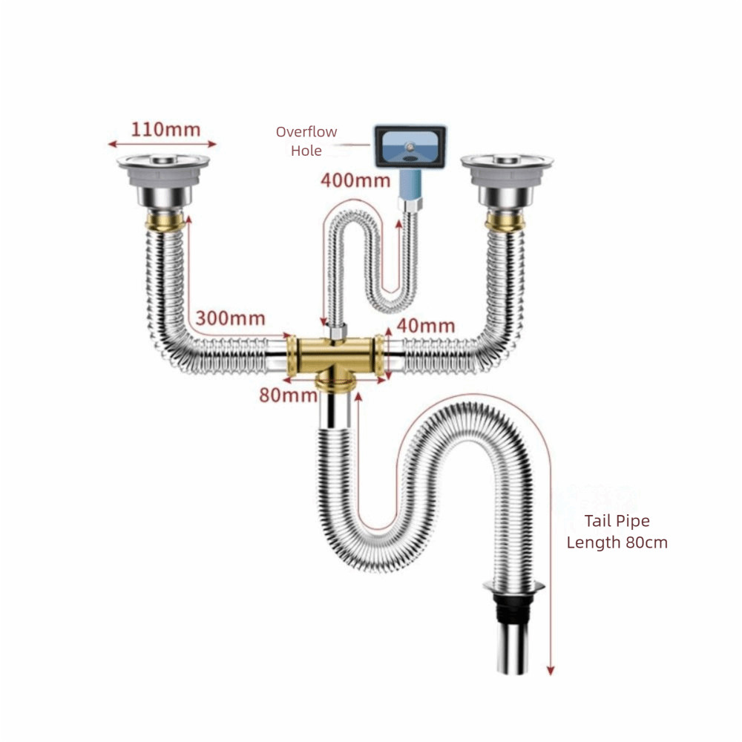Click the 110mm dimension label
pyautogui.click(x=165, y=130)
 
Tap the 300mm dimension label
pyautogui.click(x=231, y=318)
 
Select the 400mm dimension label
pyautogui.click(x=355, y=180)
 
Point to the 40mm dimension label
pyautogui.click(x=426, y=326)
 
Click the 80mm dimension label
pyautogui.click(x=288, y=395)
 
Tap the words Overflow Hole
pyautogui.click(x=306, y=141)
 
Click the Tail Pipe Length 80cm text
pyautogui.click(x=617, y=531)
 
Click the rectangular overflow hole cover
pyautogui.click(x=410, y=146)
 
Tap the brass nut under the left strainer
pyautogui.click(x=165, y=221)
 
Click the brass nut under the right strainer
pyautogui.click(x=505, y=221)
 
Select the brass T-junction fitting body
pyautogui.click(x=335, y=355)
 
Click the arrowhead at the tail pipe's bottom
pyautogui.click(x=551, y=671)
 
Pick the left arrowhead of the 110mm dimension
pyautogui.click(x=112, y=144)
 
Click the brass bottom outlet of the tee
pyautogui.click(x=335, y=381)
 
